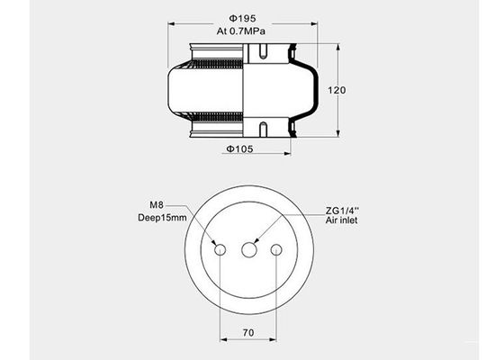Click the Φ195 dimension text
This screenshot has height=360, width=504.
pos(238,17)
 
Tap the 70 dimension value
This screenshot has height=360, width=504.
pos(249,333)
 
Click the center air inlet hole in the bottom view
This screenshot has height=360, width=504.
pos(249,249)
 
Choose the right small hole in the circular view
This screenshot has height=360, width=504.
pos(277,249)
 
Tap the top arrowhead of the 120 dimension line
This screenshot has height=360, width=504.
pos(337,47)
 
